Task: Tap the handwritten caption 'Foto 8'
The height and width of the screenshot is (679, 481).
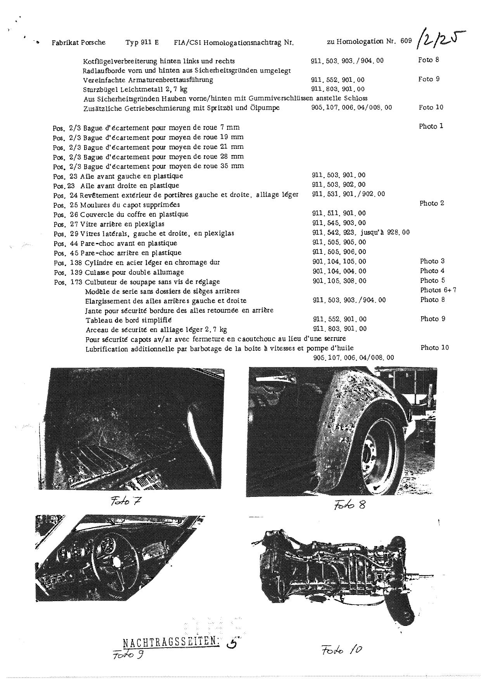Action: click(349, 504)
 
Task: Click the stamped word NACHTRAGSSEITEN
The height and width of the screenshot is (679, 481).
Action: click(171, 642)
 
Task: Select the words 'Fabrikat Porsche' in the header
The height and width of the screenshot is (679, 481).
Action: click(78, 43)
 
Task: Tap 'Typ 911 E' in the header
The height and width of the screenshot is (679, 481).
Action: click(142, 43)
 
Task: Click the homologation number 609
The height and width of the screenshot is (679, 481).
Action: click(406, 41)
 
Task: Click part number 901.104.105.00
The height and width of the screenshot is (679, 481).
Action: click(339, 262)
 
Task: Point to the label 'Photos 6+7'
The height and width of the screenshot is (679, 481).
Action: click(438, 290)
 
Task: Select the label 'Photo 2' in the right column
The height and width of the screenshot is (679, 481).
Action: click(432, 203)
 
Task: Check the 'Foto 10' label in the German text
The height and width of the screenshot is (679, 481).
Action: click(431, 107)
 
